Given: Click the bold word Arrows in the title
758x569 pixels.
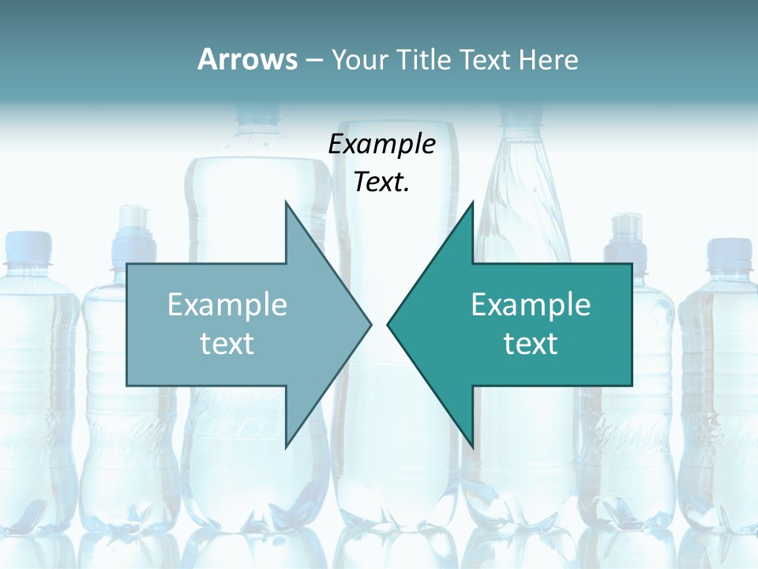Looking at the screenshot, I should click(x=247, y=59).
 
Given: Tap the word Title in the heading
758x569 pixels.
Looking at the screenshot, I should click(x=426, y=59).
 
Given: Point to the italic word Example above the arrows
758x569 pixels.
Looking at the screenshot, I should click(x=381, y=145).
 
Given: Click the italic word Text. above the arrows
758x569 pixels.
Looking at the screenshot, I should click(x=381, y=183).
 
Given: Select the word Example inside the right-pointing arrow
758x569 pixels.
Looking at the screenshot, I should click(x=227, y=305).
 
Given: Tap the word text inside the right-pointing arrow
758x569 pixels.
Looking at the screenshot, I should click(x=227, y=344).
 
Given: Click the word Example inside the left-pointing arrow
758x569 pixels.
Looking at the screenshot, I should click(x=531, y=305).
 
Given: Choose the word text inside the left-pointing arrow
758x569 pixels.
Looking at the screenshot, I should click(x=531, y=344).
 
